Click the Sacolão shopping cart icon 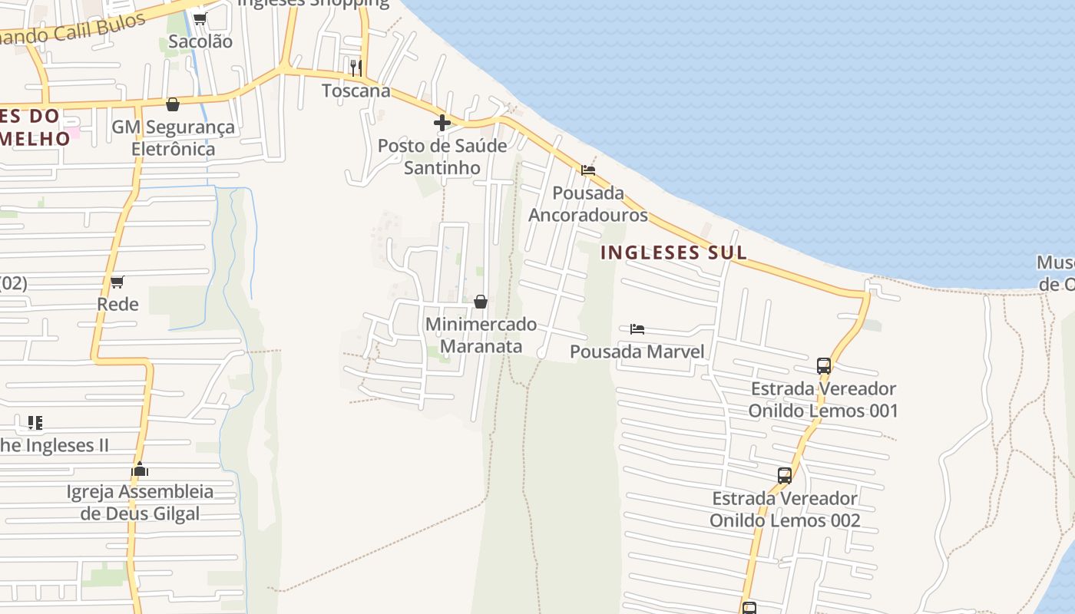200,18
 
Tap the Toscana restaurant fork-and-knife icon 356,68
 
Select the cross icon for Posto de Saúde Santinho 442,122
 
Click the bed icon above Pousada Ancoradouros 588,170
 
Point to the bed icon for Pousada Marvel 637,329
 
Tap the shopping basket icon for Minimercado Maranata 481,302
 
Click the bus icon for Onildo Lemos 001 824,365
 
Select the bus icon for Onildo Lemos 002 784,476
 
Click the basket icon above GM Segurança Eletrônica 173,104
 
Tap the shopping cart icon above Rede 117,282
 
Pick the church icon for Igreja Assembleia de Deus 140,469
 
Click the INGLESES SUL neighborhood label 673,253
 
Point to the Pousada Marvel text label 637,352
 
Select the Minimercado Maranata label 481,335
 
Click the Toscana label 356,91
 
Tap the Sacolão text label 200,41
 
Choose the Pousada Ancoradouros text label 588,203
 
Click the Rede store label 117,304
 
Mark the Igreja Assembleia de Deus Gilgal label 140,503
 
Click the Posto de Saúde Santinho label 442,157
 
